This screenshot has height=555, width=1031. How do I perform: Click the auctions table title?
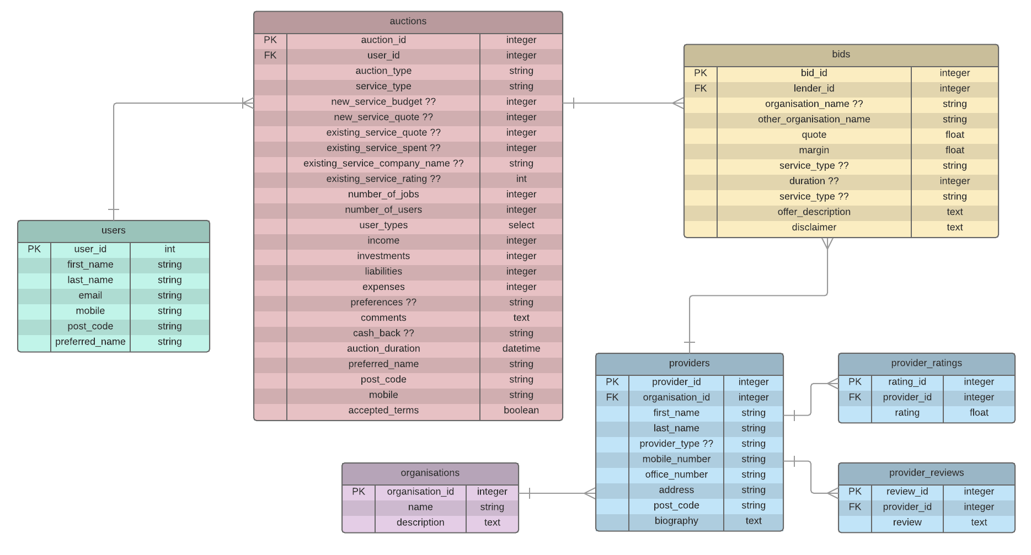click(408, 21)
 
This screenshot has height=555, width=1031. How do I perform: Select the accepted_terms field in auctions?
click(383, 410)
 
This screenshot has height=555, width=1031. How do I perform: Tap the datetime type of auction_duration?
click(521, 348)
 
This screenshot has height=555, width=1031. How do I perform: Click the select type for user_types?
click(521, 225)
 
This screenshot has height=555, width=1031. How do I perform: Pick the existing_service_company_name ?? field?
click(383, 163)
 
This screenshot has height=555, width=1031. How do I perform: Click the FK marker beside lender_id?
click(700, 88)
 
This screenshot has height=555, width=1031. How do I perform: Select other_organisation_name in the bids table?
click(814, 119)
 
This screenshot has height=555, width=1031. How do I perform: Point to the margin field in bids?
click(814, 150)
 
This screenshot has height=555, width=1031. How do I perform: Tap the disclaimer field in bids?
click(814, 227)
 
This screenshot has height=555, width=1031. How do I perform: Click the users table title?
click(113, 230)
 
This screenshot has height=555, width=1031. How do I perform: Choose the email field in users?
click(90, 295)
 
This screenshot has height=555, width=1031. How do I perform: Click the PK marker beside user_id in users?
click(34, 249)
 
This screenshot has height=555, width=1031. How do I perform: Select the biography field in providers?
click(676, 521)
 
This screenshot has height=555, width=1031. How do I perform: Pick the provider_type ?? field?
click(676, 444)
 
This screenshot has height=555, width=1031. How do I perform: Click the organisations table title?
click(430, 473)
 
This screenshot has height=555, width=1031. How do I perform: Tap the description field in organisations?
click(420, 522)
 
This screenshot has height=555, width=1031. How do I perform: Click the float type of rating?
click(979, 413)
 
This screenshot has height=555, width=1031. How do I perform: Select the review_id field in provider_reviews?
click(907, 492)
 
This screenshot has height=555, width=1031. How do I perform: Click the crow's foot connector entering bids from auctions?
click(678, 103)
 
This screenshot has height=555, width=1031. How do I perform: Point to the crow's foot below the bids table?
click(827, 244)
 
